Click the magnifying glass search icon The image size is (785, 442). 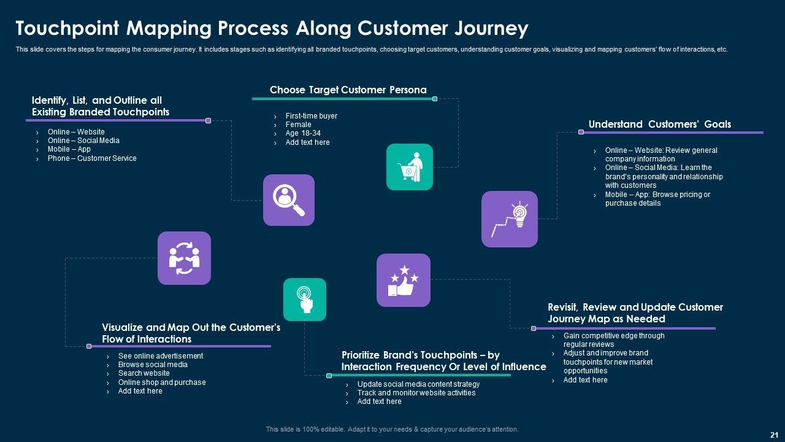coord(289,200)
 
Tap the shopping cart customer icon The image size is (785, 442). coord(409,167)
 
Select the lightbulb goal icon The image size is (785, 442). coord(510,219)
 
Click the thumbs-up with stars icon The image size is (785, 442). coord(404,281)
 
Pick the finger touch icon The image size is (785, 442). coord(305,300)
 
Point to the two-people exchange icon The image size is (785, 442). coord(184,258)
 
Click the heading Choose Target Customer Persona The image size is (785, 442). coord(348,90)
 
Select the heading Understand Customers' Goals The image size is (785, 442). coord(659,124)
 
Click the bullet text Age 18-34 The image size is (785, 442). coord(303,133)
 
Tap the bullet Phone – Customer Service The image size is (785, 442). coord(92,158)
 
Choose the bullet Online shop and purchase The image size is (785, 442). coord(161,382)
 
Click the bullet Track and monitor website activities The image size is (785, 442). coord(416,392)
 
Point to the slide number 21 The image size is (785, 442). coord(774,435)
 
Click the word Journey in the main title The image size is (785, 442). coord(491,29)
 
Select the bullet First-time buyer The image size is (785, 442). coord(311,116)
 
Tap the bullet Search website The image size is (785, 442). coord(144,373)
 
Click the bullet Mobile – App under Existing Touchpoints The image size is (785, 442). coord(69,149)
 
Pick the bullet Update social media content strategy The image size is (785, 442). coord(418,384)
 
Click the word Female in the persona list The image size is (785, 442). coord(298,125)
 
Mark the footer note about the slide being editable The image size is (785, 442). coord(392,429)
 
